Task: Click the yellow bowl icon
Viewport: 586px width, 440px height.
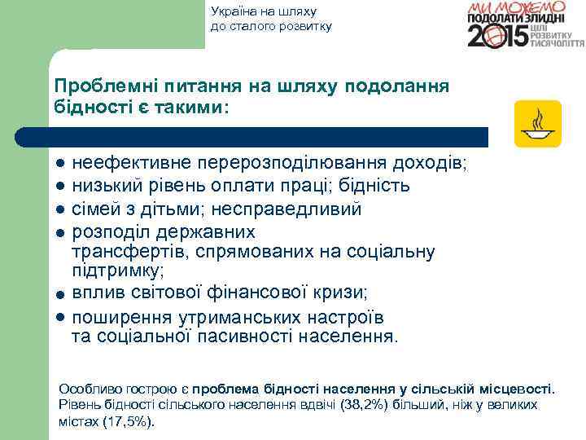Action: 537,124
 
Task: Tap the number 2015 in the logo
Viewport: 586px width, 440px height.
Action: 496,37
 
